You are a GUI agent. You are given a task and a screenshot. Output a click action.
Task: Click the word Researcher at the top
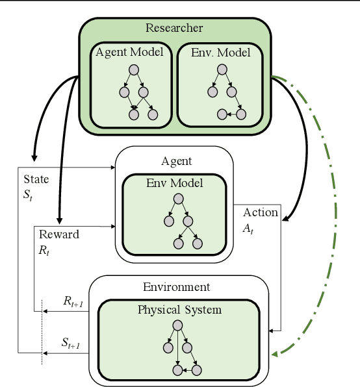(x=174, y=28)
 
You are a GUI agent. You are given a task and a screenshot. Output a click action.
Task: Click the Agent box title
(x=176, y=160)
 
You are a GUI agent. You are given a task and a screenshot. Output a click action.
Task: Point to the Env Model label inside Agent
(x=175, y=183)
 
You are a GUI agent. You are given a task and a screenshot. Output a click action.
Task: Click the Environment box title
(x=176, y=286)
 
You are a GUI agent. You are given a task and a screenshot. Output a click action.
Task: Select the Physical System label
(x=179, y=310)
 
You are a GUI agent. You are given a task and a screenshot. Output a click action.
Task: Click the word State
(x=35, y=179)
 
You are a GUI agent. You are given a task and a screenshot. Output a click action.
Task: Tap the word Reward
(x=59, y=234)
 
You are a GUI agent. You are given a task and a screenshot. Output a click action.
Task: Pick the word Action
(x=261, y=213)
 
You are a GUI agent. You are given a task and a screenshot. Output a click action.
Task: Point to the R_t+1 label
(x=73, y=301)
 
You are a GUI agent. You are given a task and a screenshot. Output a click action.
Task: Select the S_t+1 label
(x=70, y=343)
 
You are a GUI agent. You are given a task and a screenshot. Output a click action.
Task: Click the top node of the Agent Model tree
(x=134, y=69)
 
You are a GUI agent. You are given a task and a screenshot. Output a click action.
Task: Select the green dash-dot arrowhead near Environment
(x=276, y=353)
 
